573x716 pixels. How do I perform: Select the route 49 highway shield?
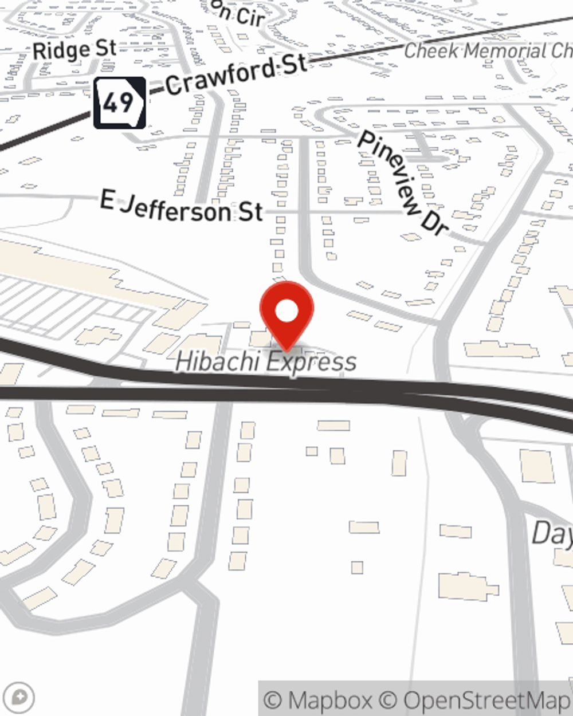(x=120, y=103)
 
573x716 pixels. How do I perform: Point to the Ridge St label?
(x=74, y=50)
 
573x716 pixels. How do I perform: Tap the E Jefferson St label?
(x=181, y=207)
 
